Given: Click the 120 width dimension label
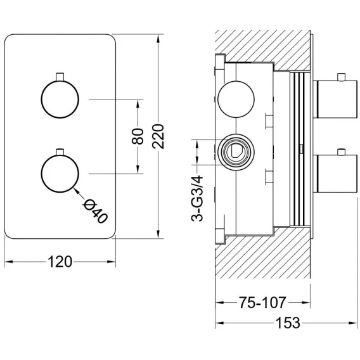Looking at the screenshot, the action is pos(60,262).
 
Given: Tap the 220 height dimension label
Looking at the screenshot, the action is pos(158,136).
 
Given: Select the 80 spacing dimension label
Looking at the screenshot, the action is pos(138,136).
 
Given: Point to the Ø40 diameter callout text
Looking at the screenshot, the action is pos(96,211).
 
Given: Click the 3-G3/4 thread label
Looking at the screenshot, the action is pos(197,198).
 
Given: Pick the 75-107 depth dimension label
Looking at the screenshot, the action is pos(262,302).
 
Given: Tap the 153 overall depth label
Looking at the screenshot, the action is pos(288,323).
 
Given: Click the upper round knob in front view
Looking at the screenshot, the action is pos(60,99).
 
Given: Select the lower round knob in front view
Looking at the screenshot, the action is pos(60,174).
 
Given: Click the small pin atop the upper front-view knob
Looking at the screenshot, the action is pos(60,77).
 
